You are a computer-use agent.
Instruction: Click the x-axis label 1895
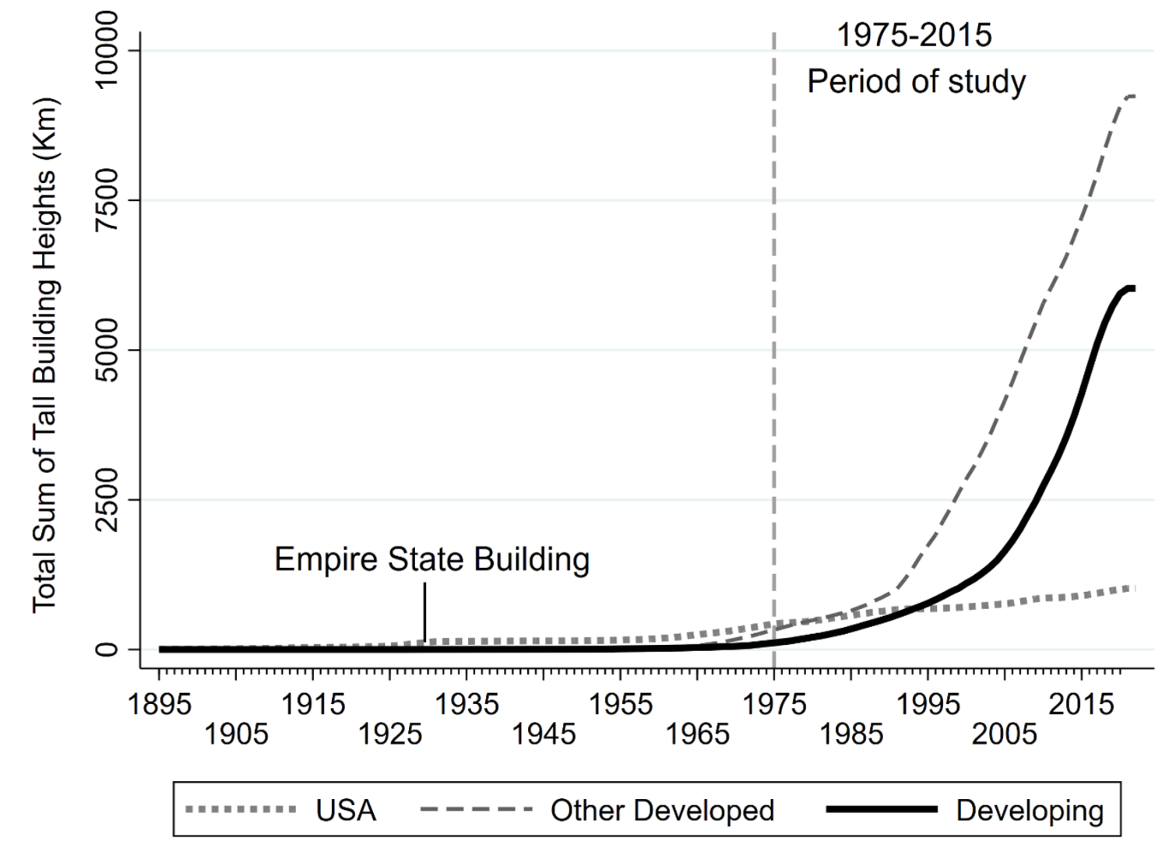[159, 704]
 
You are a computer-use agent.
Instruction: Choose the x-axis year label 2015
[1081, 704]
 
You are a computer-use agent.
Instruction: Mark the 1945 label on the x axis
[544, 734]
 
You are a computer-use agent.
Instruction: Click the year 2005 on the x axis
[1005, 734]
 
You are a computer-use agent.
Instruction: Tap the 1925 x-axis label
[389, 734]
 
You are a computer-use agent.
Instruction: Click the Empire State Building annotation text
[432, 559]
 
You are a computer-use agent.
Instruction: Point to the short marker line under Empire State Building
[424, 612]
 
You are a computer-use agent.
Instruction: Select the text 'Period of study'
[916, 81]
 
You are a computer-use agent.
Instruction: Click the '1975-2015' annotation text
[914, 35]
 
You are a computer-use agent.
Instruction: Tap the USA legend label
[346, 811]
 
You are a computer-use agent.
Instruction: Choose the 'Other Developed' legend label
[662, 811]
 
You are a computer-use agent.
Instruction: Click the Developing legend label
[1030, 811]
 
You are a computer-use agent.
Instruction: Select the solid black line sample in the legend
[882, 810]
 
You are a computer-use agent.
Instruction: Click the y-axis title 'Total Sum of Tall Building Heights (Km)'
[45, 354]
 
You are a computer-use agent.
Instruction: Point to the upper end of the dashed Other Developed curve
[1131, 96]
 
